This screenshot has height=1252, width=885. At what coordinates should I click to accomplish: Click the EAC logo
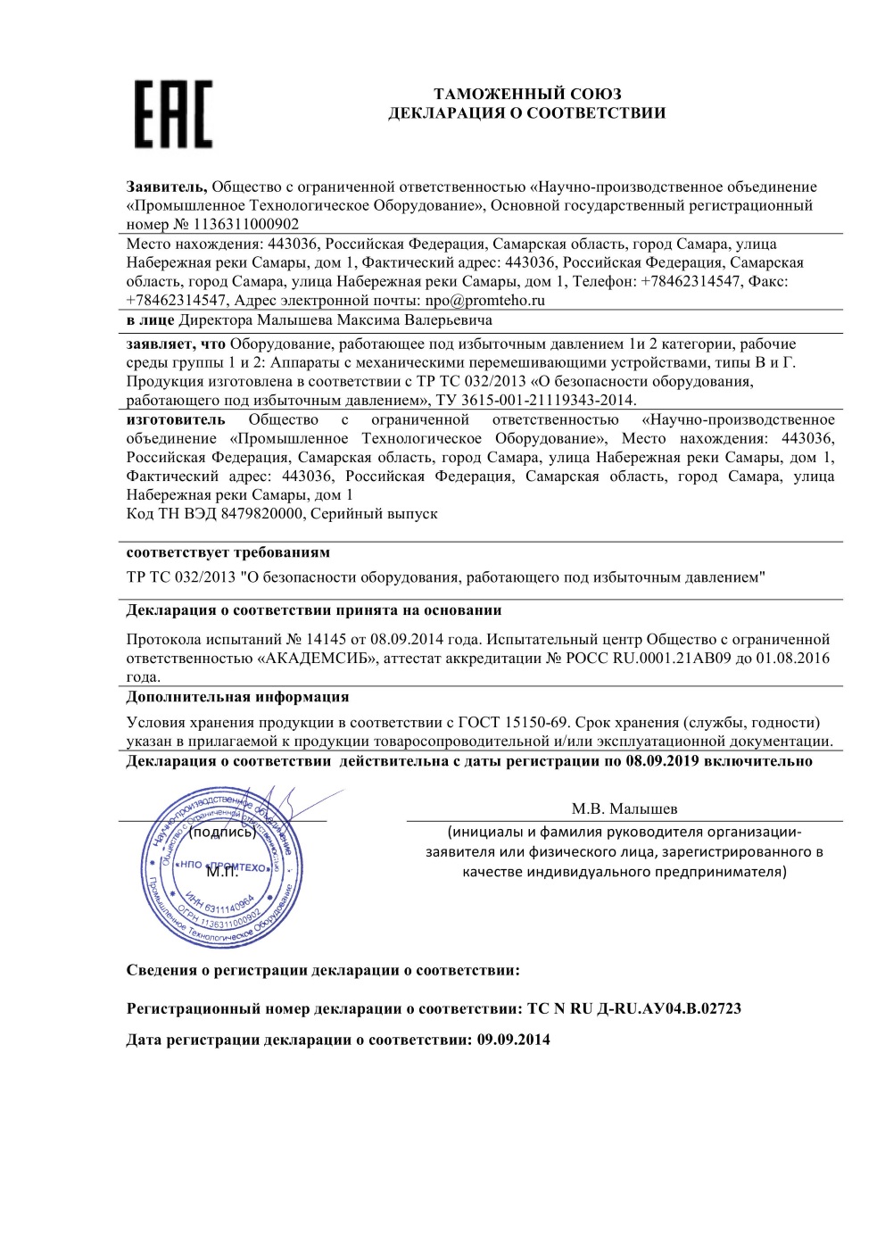[x=174, y=113]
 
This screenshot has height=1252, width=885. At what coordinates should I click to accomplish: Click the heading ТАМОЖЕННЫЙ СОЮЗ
[x=526, y=94]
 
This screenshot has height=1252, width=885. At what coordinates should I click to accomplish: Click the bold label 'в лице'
[x=151, y=319]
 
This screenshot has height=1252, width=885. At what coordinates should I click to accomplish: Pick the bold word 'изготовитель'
[x=176, y=419]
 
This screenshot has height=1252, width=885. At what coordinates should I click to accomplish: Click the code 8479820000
[x=263, y=514]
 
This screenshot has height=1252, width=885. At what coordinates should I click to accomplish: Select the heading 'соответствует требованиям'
[x=228, y=552]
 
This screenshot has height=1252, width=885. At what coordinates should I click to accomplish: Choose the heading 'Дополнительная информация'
[x=237, y=696]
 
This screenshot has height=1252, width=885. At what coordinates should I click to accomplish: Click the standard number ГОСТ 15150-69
[x=514, y=722]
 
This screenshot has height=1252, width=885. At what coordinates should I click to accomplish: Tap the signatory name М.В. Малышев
[x=624, y=809]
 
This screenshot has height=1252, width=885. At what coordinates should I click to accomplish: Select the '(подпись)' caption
[x=222, y=833]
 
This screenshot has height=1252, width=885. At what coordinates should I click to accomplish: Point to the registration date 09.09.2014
[x=514, y=1040]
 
